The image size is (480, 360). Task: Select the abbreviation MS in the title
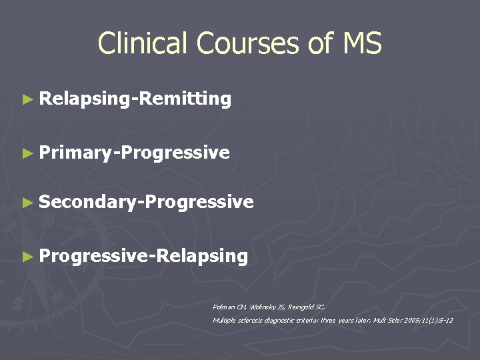pos(362,44)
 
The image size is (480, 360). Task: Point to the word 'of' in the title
pos(319,44)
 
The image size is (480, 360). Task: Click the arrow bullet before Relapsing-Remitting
pos(27,99)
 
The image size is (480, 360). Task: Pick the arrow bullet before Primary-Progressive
pos(27,153)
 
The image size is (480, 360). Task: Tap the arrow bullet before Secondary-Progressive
pos(27,202)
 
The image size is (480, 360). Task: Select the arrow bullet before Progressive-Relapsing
pos(27,255)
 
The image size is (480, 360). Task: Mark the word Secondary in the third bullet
pos(86,202)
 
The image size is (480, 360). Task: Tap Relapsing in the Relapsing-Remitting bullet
pos(85,99)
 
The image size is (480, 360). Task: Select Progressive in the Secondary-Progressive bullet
pos(197,202)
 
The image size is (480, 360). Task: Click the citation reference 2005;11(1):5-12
pos(426,321)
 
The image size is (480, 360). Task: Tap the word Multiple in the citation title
pos(223,321)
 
